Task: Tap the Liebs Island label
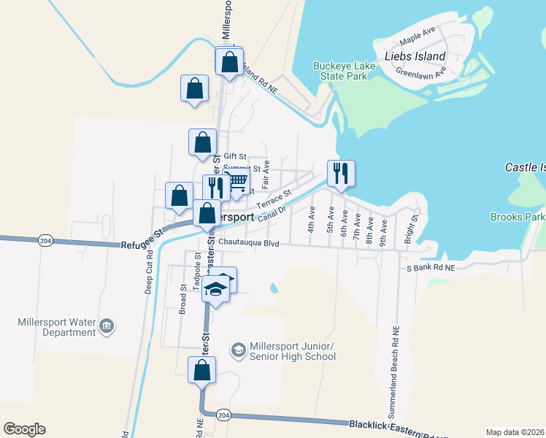(415, 56)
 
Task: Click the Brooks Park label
(518, 217)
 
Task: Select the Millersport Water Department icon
(107, 325)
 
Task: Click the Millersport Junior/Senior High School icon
(238, 350)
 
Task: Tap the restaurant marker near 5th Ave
(341, 174)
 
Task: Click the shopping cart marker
(237, 184)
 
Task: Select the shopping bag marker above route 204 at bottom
(201, 370)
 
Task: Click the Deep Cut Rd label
(149, 274)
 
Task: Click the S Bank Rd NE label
(431, 268)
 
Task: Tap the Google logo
(24, 429)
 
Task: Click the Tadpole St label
(197, 272)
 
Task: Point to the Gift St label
(235, 156)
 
